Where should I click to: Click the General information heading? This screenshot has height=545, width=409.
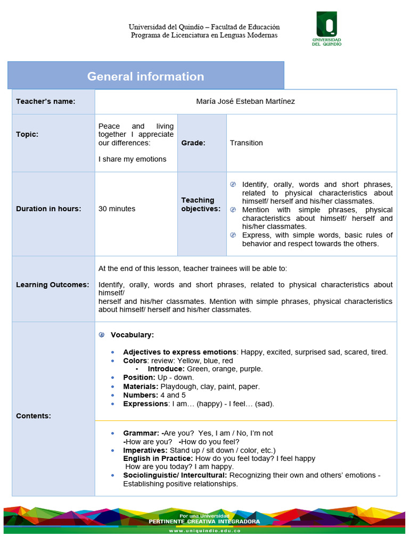click(x=145, y=76)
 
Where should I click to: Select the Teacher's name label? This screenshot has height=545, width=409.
click(x=45, y=101)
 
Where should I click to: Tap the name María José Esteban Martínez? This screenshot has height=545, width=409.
click(x=246, y=101)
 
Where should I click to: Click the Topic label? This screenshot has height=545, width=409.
click(x=27, y=134)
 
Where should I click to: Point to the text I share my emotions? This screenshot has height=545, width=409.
click(x=132, y=159)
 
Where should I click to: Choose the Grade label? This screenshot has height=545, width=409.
click(x=193, y=143)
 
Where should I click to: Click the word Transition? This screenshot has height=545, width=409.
click(x=246, y=143)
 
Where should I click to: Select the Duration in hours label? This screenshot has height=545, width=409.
click(x=48, y=209)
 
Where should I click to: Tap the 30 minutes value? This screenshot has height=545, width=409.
click(x=117, y=209)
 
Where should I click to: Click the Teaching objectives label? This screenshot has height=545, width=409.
click(x=200, y=204)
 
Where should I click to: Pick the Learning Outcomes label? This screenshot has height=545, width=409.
click(x=52, y=285)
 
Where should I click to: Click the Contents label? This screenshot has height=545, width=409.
click(x=33, y=416)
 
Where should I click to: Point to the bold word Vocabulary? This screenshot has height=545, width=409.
click(x=132, y=335)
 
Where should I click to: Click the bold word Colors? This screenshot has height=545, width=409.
click(x=135, y=361)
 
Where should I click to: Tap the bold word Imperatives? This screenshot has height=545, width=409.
click(x=145, y=450)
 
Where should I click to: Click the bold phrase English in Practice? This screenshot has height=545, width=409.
click(x=158, y=458)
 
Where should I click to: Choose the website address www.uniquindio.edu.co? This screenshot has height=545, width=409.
click(x=204, y=531)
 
